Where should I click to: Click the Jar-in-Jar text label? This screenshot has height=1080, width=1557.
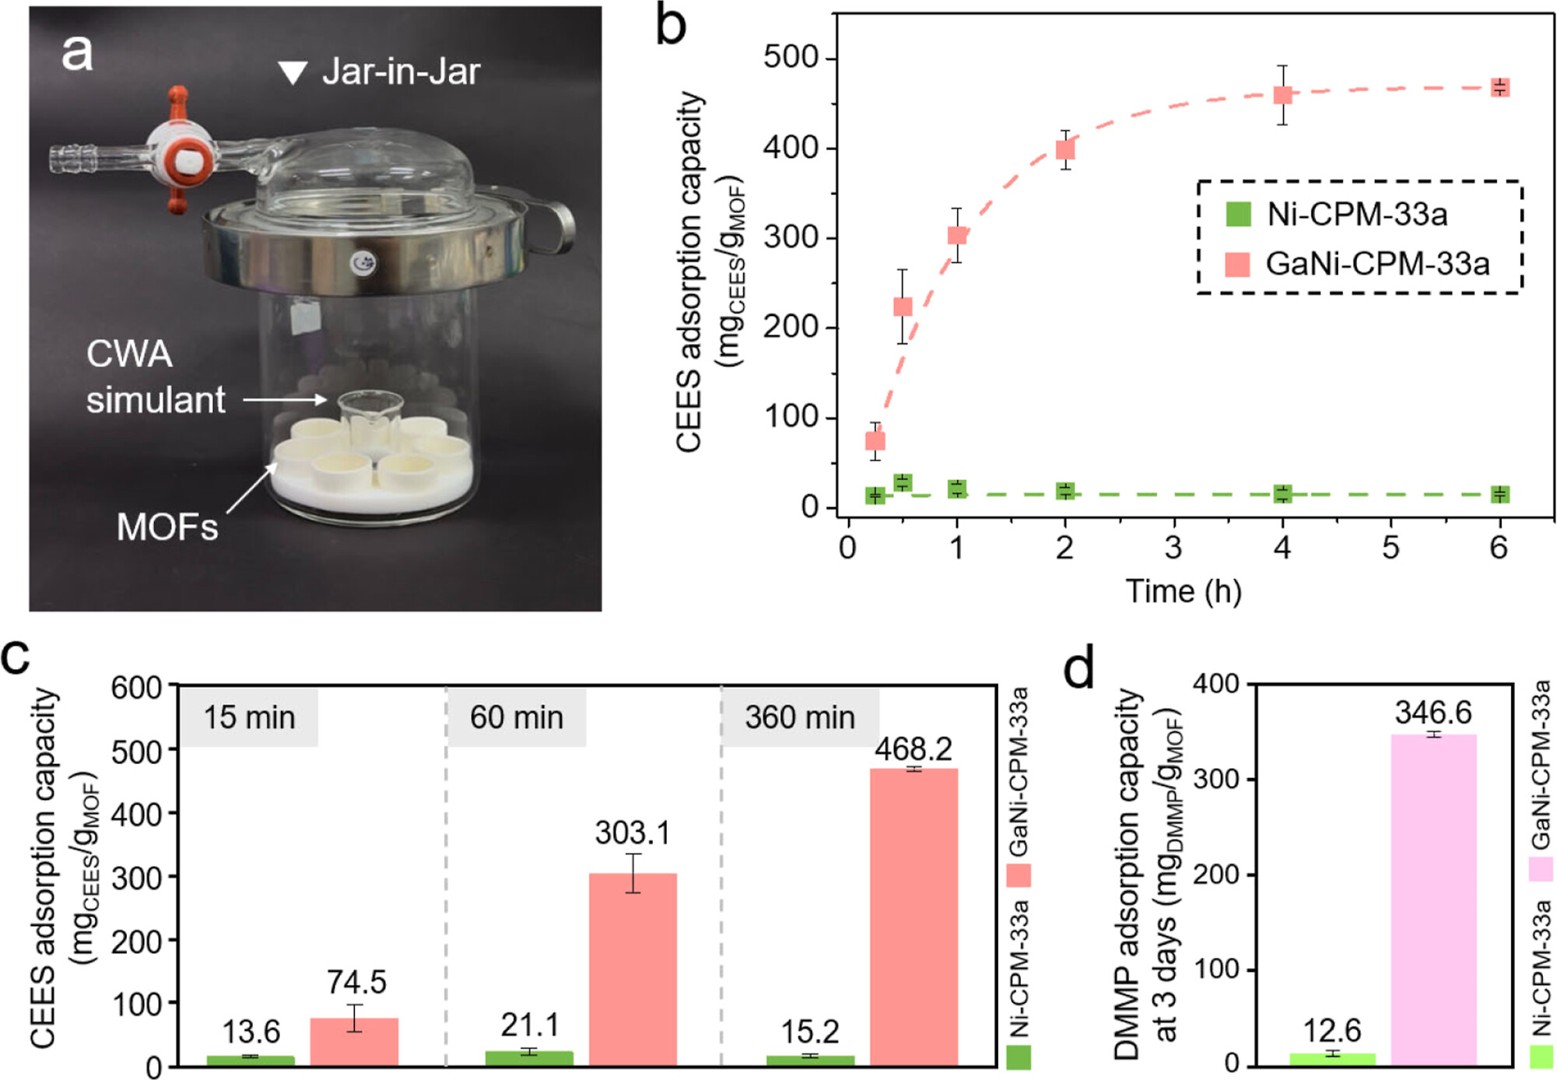click(x=401, y=72)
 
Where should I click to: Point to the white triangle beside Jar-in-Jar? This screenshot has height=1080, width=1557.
click(x=293, y=72)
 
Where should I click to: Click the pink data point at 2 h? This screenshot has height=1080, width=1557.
click(x=1065, y=149)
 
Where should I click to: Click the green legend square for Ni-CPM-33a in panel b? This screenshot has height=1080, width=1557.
click(x=1238, y=214)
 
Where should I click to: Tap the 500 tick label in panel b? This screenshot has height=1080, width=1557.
click(x=791, y=58)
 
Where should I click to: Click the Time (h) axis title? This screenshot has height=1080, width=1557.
click(x=1183, y=591)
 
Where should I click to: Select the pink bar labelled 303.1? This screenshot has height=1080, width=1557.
click(x=633, y=969)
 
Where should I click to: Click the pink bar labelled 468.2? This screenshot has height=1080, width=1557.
click(x=914, y=917)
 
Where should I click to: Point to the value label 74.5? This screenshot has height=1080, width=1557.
click(x=356, y=982)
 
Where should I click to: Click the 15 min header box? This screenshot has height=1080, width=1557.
click(x=249, y=717)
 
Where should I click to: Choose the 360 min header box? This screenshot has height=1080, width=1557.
click(x=800, y=717)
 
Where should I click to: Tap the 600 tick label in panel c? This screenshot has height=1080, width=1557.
click(x=136, y=688)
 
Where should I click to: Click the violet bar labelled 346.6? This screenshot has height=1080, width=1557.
click(x=1433, y=899)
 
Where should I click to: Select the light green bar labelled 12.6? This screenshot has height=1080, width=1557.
click(x=1332, y=1059)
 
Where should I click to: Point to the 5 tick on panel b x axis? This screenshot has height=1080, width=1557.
click(x=1390, y=548)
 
